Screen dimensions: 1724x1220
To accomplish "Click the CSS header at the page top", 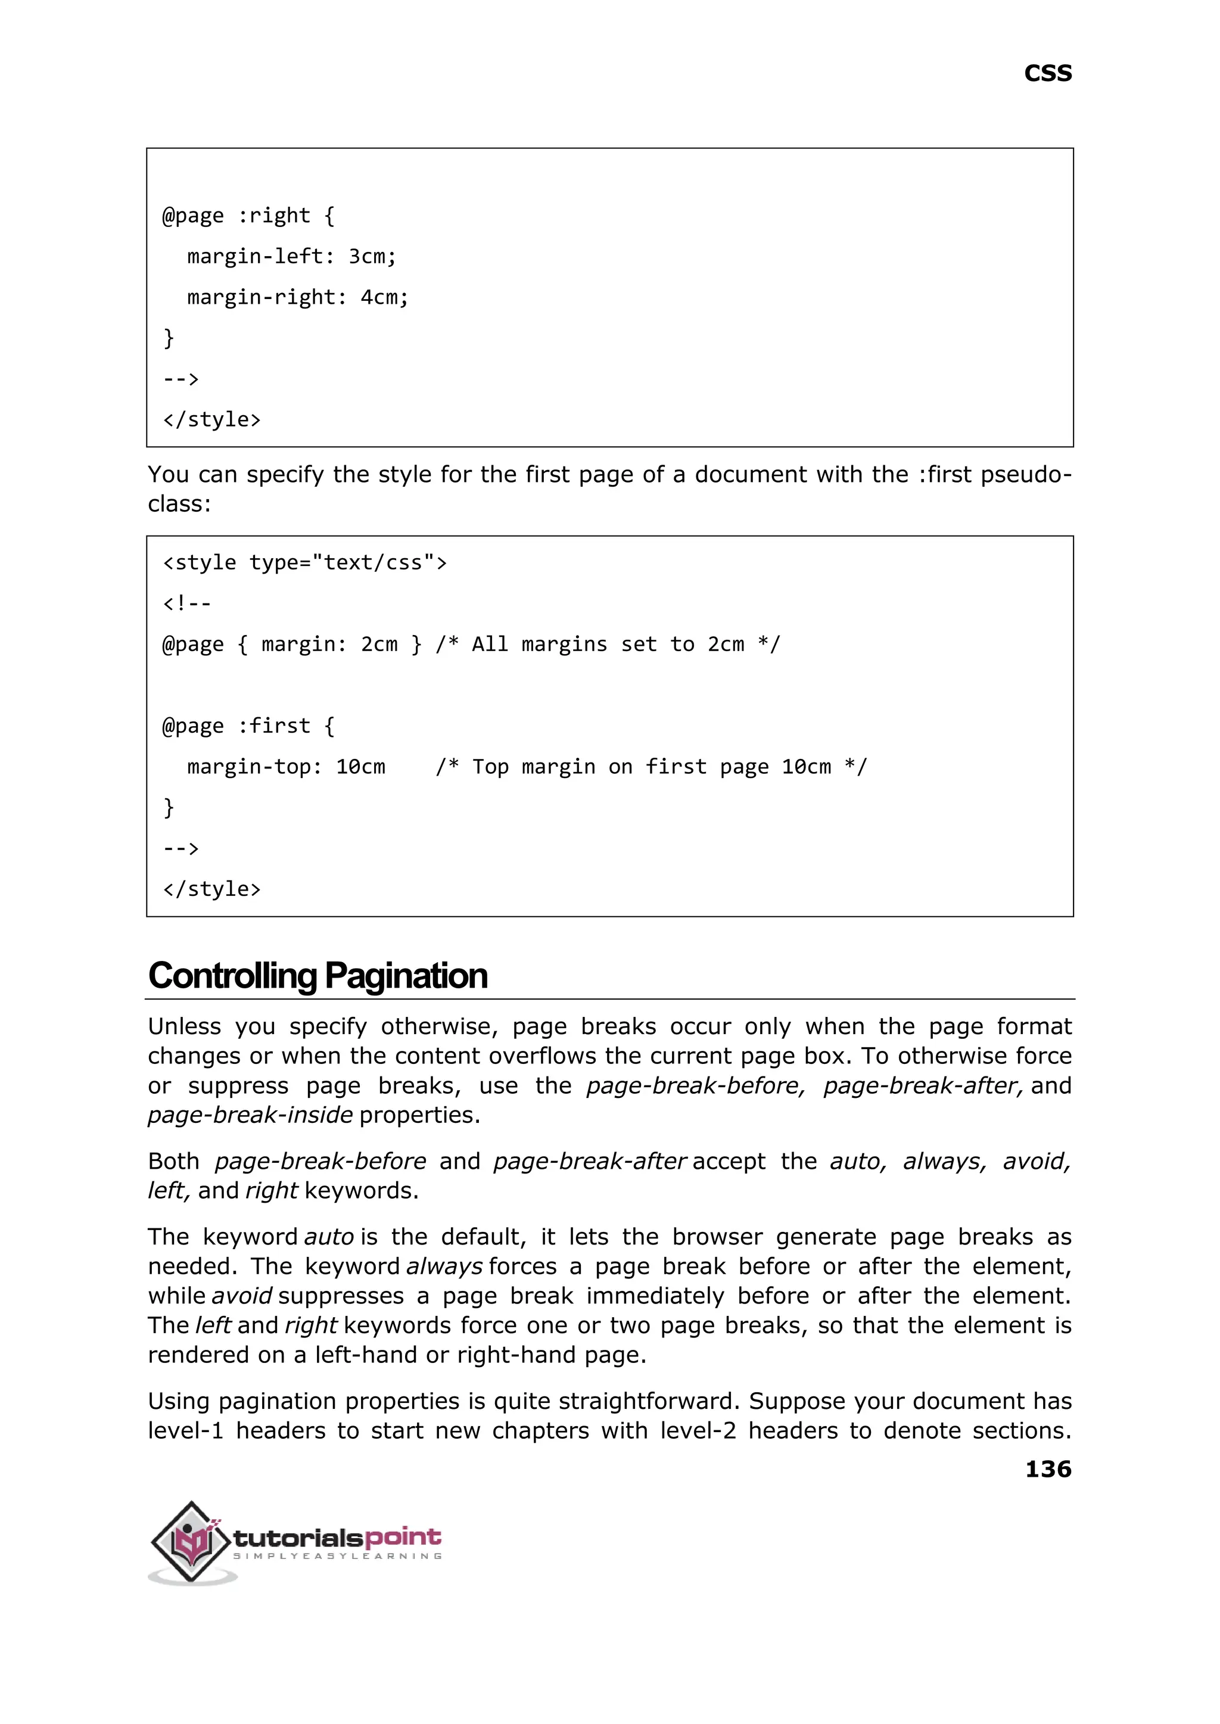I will click(1047, 74).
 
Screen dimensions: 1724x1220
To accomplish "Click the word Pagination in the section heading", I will click(406, 976).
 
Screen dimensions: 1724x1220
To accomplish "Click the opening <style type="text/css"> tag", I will click(304, 562).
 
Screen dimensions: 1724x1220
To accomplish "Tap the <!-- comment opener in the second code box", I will click(187, 603).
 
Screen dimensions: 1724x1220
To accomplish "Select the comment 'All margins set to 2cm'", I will click(608, 645).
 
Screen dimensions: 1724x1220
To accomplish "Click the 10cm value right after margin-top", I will click(360, 767).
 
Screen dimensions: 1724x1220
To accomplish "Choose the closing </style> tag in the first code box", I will click(212, 419).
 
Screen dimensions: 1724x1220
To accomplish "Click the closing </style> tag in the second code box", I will click(212, 889).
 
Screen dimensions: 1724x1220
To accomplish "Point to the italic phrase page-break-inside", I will click(250, 1115).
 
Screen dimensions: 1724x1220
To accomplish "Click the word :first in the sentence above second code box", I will click(945, 475).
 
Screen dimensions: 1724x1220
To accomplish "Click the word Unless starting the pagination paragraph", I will click(183, 1027).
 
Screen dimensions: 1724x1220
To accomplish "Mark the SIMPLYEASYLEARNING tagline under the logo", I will click(337, 1556).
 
